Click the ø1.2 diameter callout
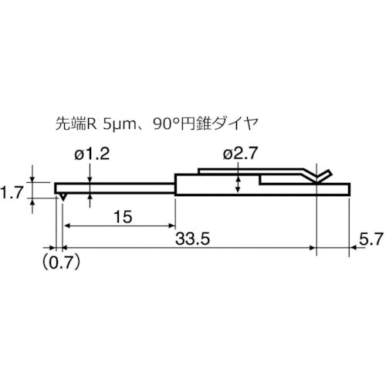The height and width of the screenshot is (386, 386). pos(93,155)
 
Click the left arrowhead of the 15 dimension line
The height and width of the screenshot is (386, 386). pos(67,225)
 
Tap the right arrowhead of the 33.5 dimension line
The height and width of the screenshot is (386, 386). pos(313,249)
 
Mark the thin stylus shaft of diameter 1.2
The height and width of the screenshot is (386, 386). pos(116,187)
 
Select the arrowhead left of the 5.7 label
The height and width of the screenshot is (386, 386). pos(353,249)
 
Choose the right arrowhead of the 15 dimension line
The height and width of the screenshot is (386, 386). pos(172,225)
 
